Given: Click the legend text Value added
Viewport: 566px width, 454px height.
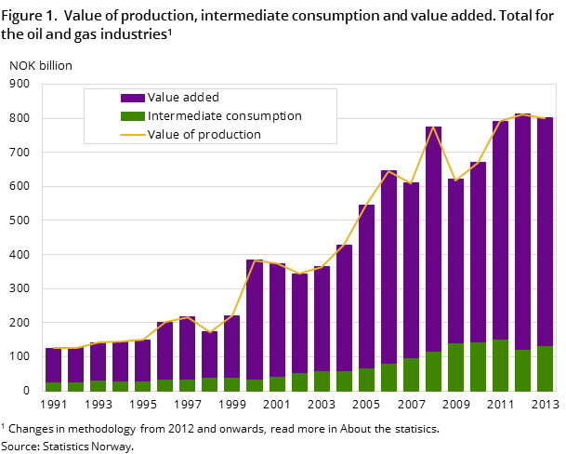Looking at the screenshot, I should point(183,98).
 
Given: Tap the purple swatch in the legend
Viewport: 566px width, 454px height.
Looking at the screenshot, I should point(133,98).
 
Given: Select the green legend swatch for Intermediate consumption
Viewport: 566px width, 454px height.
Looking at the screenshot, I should point(133,116).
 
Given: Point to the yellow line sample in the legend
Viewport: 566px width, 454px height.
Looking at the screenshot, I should point(133,135).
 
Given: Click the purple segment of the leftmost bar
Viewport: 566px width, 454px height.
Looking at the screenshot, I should point(54,365).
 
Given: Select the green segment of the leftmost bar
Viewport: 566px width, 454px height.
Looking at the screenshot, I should point(54,386).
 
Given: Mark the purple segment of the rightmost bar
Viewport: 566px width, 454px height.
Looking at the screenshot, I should point(545,232).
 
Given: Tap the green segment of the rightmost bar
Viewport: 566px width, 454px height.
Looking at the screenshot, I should point(545,368).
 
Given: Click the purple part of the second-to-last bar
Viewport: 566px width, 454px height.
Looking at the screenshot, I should point(522,232).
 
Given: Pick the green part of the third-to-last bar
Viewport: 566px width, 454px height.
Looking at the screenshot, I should point(500,365).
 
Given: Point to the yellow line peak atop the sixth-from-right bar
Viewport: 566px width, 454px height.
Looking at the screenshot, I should point(433,127).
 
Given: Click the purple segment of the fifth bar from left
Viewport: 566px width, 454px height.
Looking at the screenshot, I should point(143,360).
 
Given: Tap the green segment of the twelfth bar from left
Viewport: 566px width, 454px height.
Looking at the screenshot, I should point(299,381).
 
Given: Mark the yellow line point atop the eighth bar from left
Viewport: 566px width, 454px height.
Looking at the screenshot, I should point(210,332).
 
